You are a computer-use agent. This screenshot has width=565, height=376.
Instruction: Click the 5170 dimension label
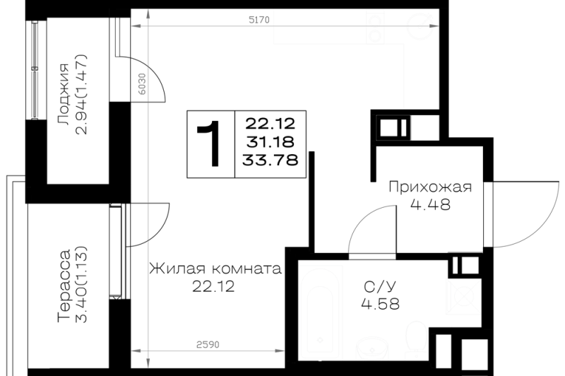259,20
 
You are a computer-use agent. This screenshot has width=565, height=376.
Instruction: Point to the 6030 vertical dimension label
143,84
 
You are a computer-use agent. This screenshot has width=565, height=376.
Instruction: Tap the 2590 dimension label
208,345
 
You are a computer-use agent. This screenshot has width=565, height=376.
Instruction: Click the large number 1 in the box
210,144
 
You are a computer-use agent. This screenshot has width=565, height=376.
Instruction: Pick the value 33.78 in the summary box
270,159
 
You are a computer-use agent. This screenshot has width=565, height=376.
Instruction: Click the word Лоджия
64,95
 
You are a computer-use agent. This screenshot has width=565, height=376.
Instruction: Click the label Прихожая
430,187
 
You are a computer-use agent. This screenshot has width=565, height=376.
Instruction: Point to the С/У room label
380,287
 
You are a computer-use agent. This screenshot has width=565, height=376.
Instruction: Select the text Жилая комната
215,269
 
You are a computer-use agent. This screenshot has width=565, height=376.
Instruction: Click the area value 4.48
430,204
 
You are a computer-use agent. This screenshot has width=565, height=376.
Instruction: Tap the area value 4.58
380,303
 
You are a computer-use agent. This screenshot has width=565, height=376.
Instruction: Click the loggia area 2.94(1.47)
81,95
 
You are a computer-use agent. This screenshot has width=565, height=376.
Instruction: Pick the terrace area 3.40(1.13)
81,285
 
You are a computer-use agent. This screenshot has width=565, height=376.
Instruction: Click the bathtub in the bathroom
321,310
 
